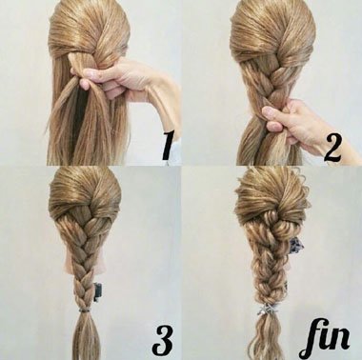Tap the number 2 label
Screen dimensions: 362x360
(x=332, y=148)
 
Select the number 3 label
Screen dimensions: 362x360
(x=163, y=341)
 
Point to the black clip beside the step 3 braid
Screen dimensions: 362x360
(x=97, y=292)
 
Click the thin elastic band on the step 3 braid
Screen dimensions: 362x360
(x=83, y=309)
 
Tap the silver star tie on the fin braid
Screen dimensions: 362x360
(x=268, y=309)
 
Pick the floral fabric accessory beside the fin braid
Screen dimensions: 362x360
(x=295, y=244)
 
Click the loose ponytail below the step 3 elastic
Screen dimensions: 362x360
(x=85, y=336)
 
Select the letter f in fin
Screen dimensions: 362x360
(x=309, y=339)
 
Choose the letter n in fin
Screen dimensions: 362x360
(x=340, y=341)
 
